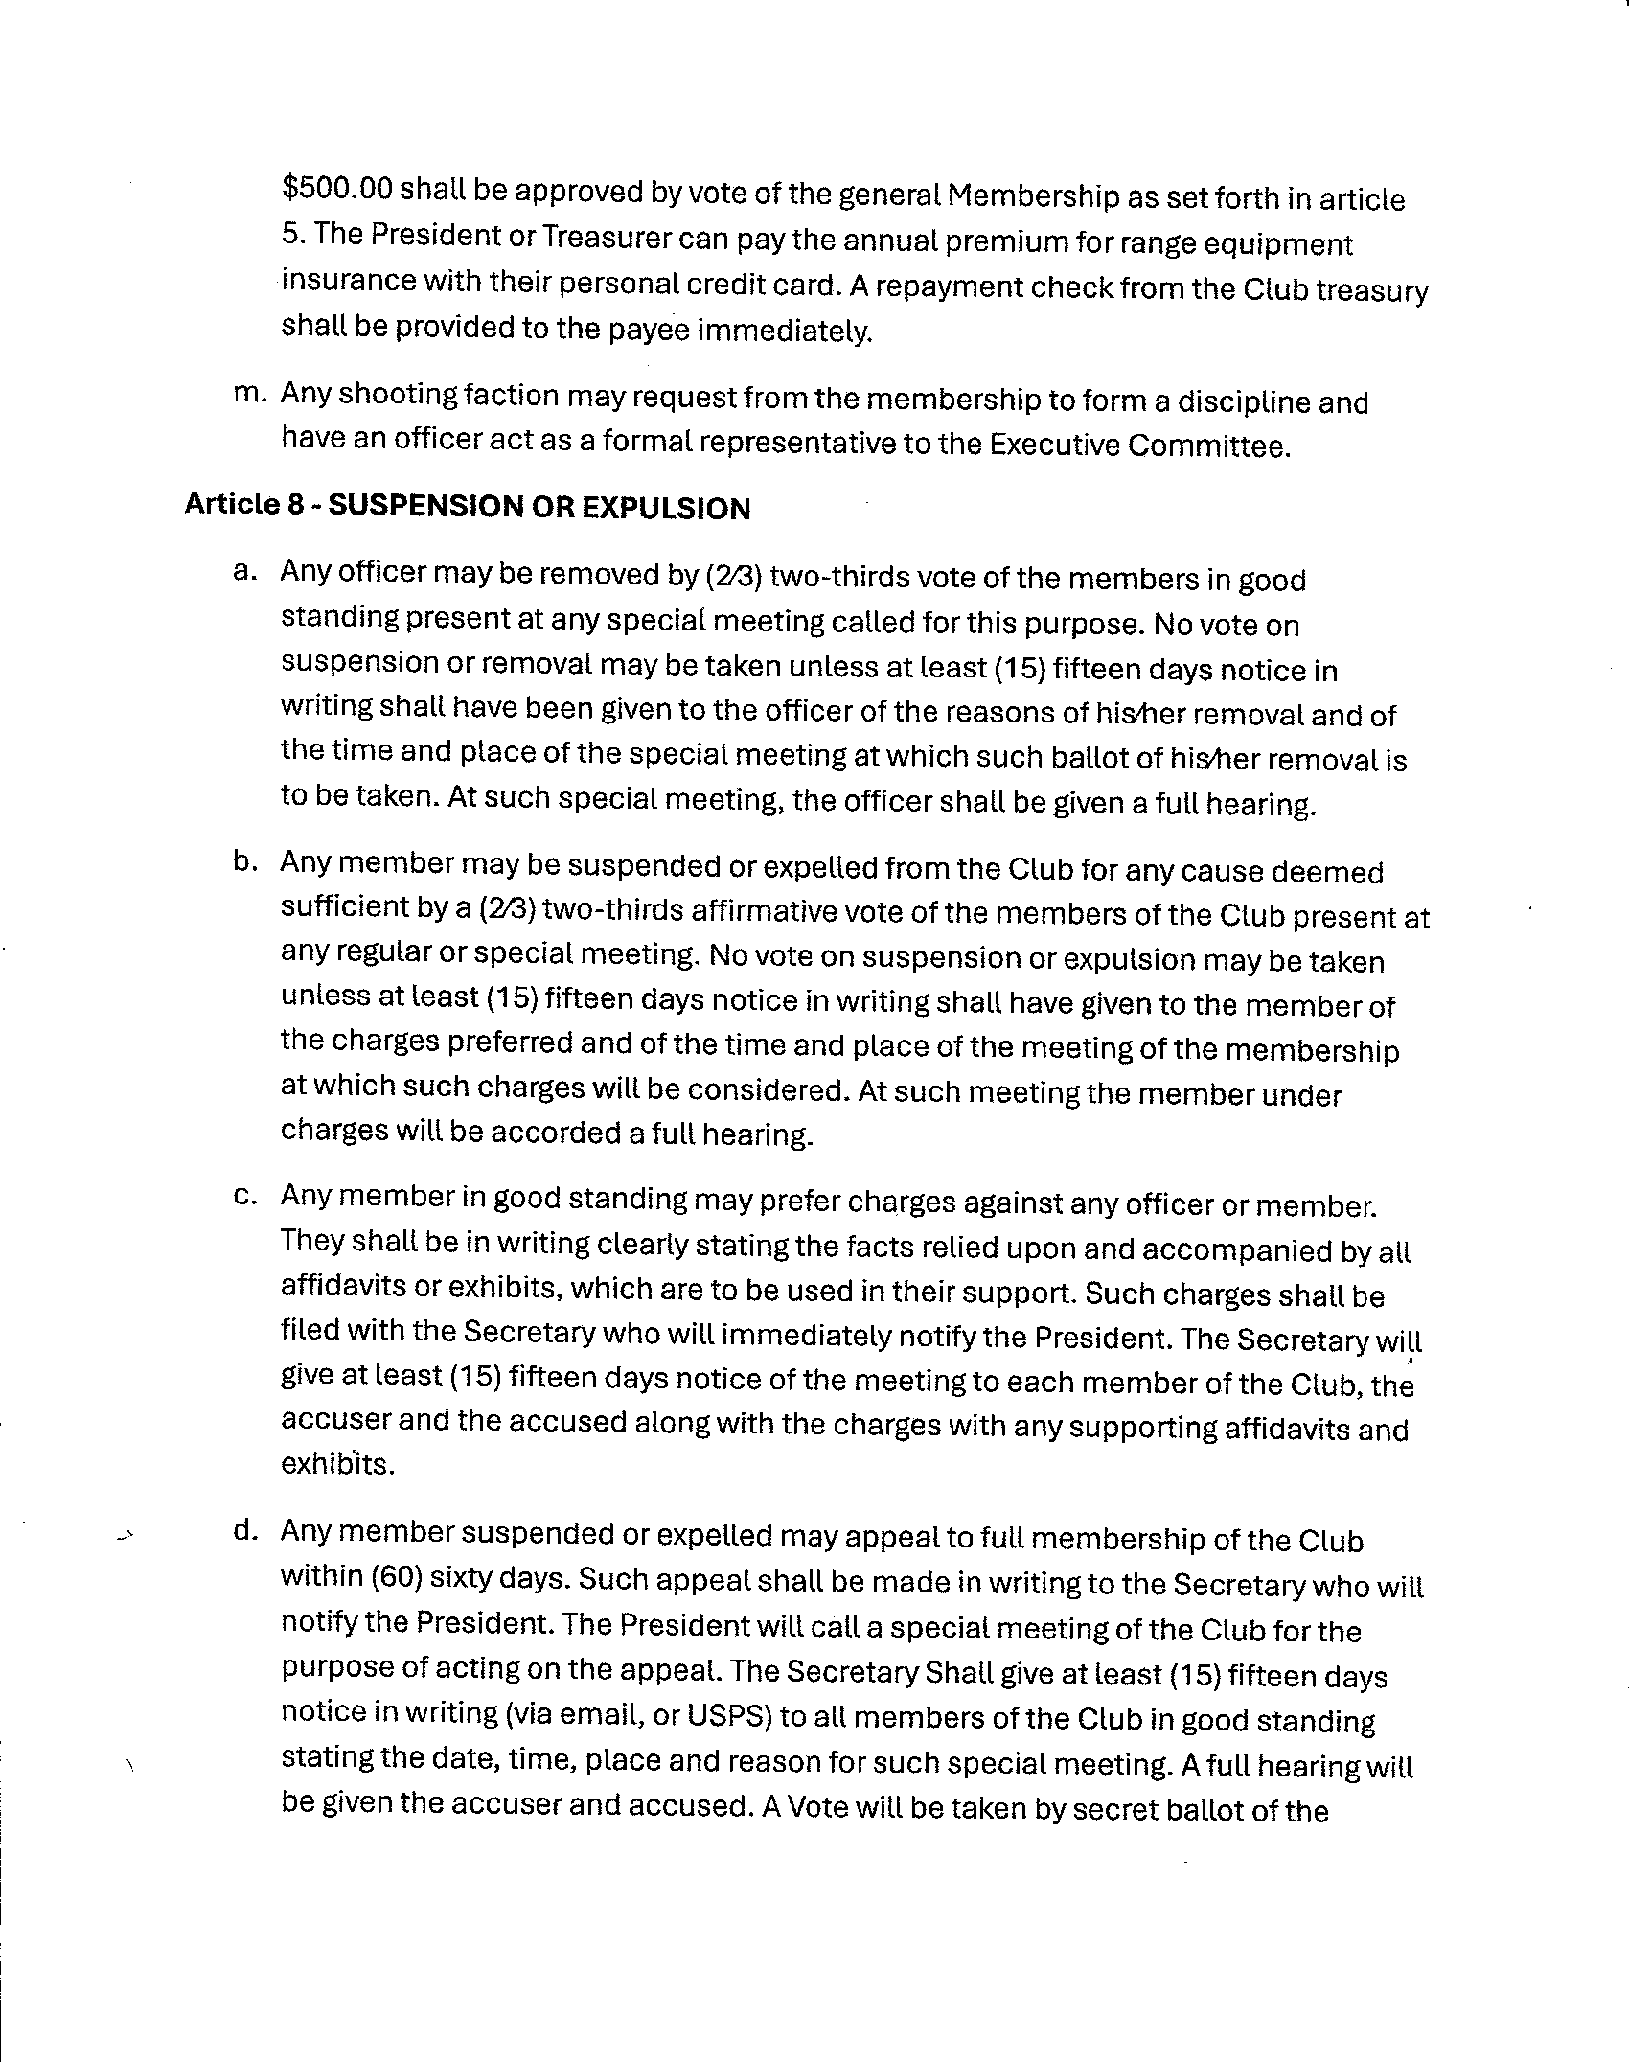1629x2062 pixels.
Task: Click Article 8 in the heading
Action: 244,505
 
